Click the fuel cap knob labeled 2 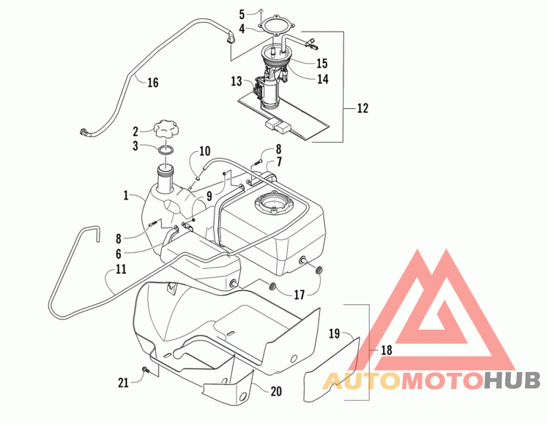[167, 130]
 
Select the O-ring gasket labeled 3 [166, 150]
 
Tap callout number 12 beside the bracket [363, 108]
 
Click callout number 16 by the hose [152, 82]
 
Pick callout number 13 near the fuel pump [237, 81]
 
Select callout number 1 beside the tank [126, 196]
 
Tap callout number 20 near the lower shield [276, 391]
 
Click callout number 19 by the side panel [334, 334]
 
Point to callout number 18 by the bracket [386, 349]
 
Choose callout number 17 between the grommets [299, 295]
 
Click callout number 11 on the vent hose [121, 269]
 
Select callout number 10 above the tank [204, 150]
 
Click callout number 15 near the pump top [322, 63]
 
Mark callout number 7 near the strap [280, 162]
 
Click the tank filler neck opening [165, 168]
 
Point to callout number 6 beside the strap [118, 254]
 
